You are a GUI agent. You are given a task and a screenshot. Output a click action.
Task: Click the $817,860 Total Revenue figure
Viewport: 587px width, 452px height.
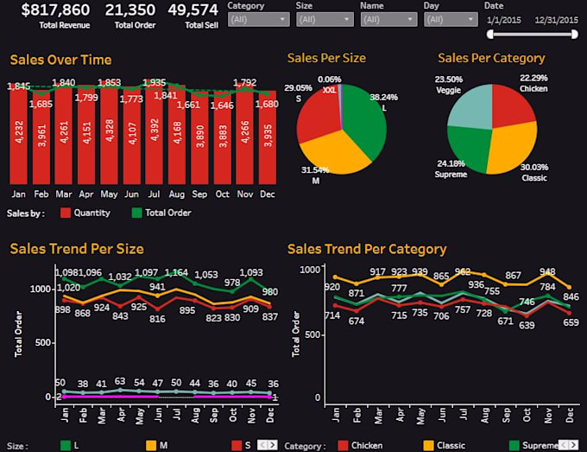tap(55, 10)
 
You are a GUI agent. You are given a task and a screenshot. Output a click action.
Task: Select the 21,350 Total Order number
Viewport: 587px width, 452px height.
tap(130, 10)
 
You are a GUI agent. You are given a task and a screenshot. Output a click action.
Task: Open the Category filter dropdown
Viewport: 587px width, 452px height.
tap(258, 18)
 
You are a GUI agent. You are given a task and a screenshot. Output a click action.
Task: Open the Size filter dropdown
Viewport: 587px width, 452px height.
tap(324, 18)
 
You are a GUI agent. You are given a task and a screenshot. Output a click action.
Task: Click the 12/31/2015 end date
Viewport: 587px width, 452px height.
tap(557, 18)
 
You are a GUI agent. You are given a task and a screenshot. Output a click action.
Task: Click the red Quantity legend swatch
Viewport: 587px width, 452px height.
tap(65, 213)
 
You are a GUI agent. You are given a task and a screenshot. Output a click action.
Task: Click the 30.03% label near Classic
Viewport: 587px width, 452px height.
tap(533, 168)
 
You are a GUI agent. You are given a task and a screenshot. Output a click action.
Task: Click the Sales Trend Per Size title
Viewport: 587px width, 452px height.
tap(77, 249)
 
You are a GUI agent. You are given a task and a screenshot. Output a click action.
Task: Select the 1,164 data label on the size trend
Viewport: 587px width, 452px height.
tap(176, 273)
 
